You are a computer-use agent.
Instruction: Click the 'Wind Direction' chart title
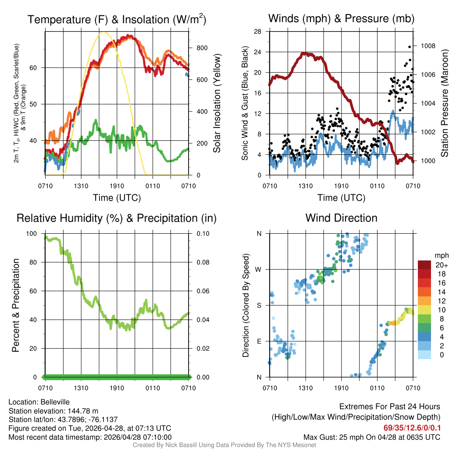click(x=341, y=218)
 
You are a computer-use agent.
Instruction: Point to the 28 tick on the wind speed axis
click(x=258, y=32)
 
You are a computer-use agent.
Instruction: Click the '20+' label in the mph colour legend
click(x=442, y=265)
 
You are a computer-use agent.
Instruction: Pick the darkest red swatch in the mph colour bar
click(x=425, y=265)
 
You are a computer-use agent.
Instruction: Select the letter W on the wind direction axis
click(x=259, y=269)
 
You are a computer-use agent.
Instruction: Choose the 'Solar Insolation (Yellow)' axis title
click(x=217, y=103)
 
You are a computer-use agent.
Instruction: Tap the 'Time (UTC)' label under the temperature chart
click(x=117, y=198)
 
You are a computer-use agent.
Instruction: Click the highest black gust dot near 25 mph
click(x=410, y=47)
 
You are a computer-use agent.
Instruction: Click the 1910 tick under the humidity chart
click(x=117, y=388)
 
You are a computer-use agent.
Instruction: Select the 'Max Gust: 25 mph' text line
click(x=372, y=437)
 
